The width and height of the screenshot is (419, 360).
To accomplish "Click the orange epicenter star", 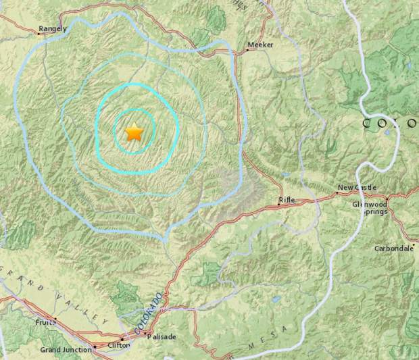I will [134, 132].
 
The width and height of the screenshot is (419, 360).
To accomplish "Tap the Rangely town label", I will [53, 28].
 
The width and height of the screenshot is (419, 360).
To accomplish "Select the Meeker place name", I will [260, 45].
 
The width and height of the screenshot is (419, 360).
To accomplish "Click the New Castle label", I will [357, 188].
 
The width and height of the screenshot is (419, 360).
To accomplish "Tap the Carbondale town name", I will [394, 248].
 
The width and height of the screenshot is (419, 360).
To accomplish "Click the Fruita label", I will [45, 323].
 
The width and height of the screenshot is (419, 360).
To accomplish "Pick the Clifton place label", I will [100, 345].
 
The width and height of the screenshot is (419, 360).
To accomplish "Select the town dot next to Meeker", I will [245, 49].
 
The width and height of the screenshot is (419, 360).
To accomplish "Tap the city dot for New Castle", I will [336, 193].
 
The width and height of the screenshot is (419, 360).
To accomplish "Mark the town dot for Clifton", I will [122, 340].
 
